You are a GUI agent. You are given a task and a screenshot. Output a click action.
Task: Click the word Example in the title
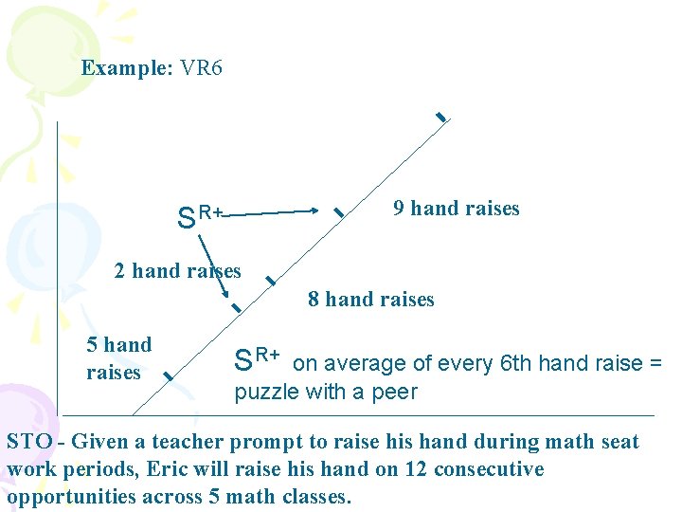coord(123,68)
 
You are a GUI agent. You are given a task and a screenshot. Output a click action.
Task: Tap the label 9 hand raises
coord(457,209)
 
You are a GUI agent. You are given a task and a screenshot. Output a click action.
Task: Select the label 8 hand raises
coord(371,300)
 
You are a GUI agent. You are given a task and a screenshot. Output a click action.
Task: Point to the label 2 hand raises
coord(177,271)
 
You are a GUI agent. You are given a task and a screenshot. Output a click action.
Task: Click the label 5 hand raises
coord(118,358)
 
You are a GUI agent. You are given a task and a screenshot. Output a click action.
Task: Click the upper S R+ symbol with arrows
coord(199,217)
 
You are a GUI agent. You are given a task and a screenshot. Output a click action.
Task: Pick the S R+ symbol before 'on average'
coord(257,360)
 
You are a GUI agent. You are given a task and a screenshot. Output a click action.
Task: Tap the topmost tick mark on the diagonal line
coord(440,117)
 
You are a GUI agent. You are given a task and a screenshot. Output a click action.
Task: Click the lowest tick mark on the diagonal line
coord(167,377)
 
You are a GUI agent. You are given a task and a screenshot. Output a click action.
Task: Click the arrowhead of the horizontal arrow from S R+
coord(314,210)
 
